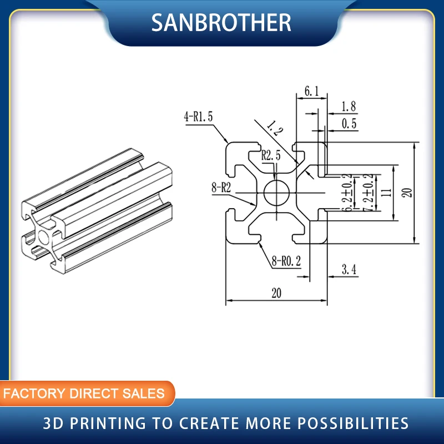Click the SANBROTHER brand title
coord(221,22)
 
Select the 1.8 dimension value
coord(349,107)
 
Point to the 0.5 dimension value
coord(349,124)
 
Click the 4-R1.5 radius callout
coord(198,117)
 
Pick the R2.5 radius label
coord(271,156)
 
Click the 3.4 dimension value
coord(349,270)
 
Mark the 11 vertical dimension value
coord(387,192)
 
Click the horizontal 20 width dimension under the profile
coord(276,294)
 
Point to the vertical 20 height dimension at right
coord(407,192)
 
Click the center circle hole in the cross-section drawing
coord(276,193)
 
